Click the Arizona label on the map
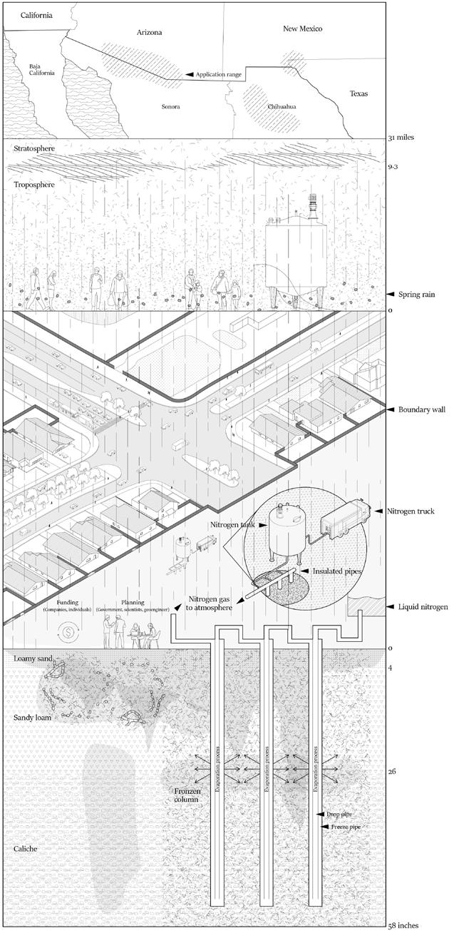tap(149, 33)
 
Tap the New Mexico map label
tap(303, 29)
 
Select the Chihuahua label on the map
tap(282, 106)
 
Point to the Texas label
tap(359, 93)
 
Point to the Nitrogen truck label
tap(421, 511)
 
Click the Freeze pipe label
tap(346, 827)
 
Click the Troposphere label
tap(35, 184)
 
